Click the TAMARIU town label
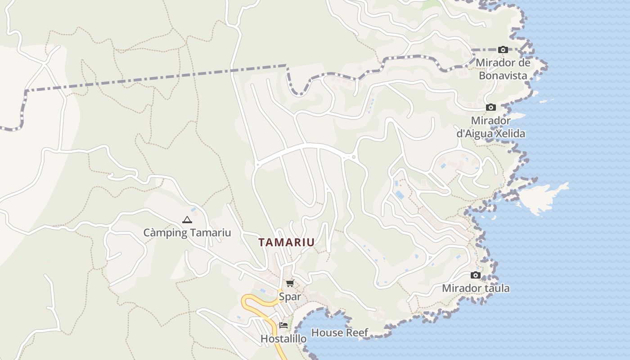click(286, 242)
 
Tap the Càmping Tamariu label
click(187, 233)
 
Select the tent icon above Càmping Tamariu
click(187, 220)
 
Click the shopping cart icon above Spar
click(290, 283)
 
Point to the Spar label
click(290, 297)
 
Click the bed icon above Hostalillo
click(283, 325)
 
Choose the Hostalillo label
click(283, 338)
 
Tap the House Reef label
click(340, 333)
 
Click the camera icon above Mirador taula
click(476, 275)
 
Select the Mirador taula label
click(476, 288)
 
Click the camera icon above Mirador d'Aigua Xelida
click(490, 108)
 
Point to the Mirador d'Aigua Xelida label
click(490, 127)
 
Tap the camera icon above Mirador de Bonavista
click(503, 49)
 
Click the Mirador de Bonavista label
click(503, 69)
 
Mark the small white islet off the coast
click(542, 198)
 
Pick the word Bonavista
click(503, 76)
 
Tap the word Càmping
click(163, 233)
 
